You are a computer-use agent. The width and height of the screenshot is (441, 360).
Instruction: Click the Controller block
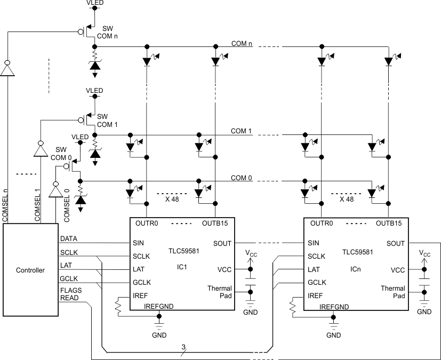coord(30,270)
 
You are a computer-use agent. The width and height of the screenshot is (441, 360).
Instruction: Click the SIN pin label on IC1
coord(138,243)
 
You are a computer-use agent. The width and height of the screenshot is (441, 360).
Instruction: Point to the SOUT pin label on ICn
coord(395,243)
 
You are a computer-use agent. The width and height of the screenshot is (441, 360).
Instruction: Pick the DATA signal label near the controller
coord(69,239)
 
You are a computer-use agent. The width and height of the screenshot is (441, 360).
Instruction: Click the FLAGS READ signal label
coord(70,295)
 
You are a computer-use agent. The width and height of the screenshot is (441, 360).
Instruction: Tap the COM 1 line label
coord(241,131)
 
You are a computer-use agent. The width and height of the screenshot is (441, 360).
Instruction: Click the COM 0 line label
coord(241,178)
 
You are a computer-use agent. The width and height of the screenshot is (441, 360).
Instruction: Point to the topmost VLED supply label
coord(95,3)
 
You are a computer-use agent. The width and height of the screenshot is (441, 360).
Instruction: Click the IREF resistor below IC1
coord(118,306)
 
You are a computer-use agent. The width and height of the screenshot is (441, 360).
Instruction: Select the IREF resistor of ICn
coord(292,306)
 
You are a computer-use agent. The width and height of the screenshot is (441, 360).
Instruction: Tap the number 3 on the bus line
coord(183,348)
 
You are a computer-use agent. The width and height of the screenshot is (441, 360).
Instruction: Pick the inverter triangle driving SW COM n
coord(7,69)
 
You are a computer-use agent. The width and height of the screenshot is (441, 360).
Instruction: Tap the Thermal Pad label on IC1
coord(220,292)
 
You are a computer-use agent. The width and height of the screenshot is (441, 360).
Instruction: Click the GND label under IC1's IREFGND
coord(159,335)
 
